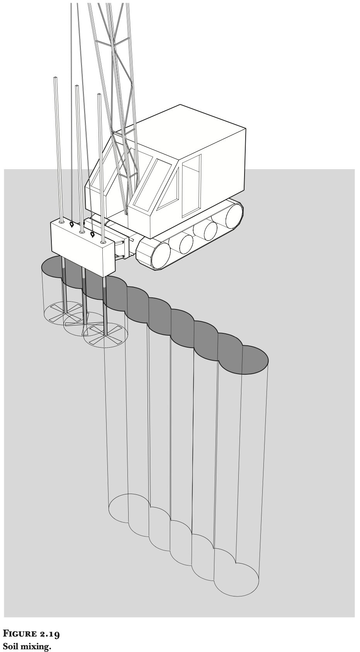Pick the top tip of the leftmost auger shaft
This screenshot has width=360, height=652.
55,77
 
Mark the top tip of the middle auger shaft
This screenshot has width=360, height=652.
77,86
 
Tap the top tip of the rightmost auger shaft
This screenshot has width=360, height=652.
99,94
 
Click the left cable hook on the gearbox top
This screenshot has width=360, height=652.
71,224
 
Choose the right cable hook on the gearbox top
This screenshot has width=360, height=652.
93,234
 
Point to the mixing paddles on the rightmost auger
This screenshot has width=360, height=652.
105,335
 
